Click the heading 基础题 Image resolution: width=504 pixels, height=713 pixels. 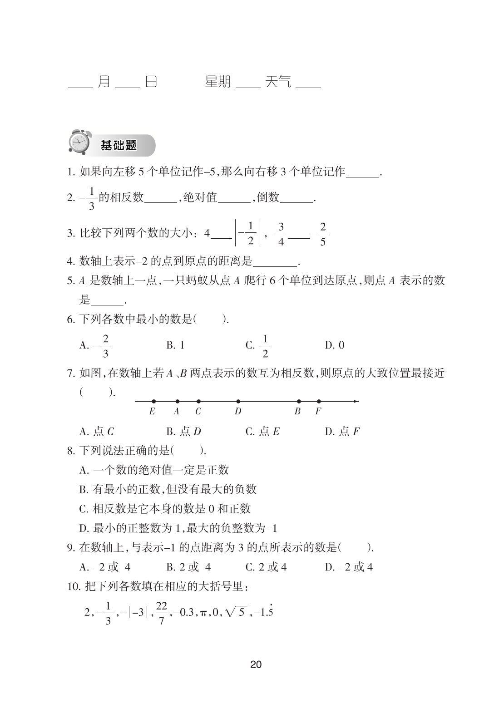[119, 146]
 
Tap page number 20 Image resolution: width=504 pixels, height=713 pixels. [256, 665]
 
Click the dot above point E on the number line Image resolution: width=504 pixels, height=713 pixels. [153, 401]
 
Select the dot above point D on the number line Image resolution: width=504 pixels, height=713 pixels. [238, 401]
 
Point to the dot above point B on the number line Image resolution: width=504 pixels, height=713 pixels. [299, 401]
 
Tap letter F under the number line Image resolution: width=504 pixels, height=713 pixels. [318, 412]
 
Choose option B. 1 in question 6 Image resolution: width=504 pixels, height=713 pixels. [175, 345]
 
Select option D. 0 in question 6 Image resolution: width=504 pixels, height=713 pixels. [335, 345]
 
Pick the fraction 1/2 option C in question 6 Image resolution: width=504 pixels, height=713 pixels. [265, 346]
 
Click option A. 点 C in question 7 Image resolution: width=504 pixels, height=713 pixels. [97, 431]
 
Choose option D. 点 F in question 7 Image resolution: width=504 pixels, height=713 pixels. [342, 431]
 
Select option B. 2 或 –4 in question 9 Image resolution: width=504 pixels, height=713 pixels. [188, 567]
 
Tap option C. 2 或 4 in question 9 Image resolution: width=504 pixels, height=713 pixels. [266, 567]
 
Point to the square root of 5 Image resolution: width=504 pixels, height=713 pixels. [236, 612]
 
